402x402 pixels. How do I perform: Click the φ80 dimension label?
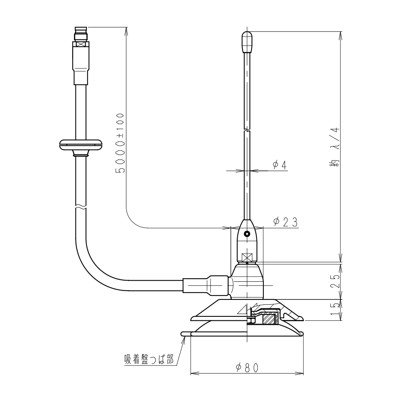click(247, 368)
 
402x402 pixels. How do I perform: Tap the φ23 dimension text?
click(285, 222)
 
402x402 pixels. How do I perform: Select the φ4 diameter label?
click(280, 165)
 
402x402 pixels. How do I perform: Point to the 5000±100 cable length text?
click(120, 143)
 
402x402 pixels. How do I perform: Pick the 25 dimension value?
click(335, 281)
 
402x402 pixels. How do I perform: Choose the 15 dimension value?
click(335, 309)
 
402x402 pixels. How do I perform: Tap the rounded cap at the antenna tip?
click(247, 42)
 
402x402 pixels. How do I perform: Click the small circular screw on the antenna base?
click(247, 234)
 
